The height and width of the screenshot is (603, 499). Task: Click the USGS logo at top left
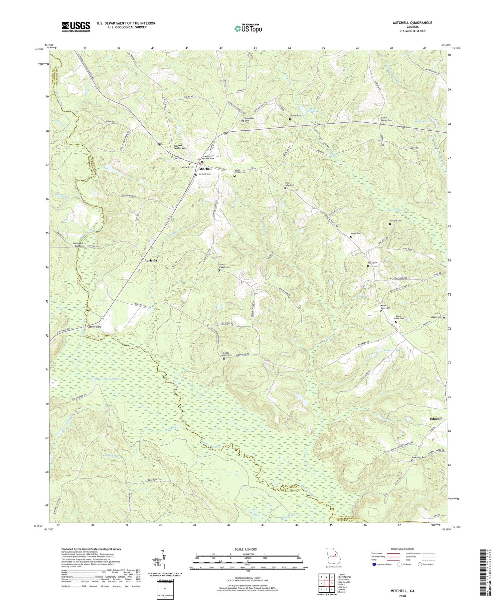(x=76, y=27)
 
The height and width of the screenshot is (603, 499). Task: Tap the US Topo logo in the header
(x=248, y=28)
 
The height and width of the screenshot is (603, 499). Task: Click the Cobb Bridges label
(x=91, y=327)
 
